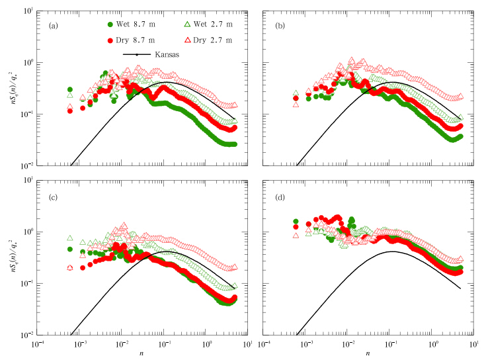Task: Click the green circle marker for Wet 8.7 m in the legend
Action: coord(111,24)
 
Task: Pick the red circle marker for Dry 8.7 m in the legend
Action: coord(111,40)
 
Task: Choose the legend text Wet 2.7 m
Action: coord(214,24)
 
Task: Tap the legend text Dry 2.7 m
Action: coord(214,40)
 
